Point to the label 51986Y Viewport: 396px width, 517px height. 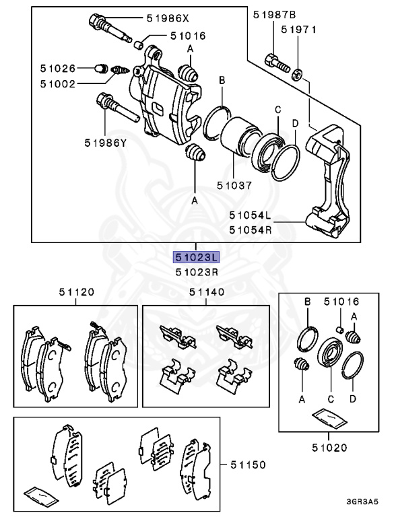click(106, 142)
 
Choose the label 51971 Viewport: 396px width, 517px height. click(298, 30)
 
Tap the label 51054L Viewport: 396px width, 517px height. click(249, 216)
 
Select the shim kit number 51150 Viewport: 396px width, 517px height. click(247, 464)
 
